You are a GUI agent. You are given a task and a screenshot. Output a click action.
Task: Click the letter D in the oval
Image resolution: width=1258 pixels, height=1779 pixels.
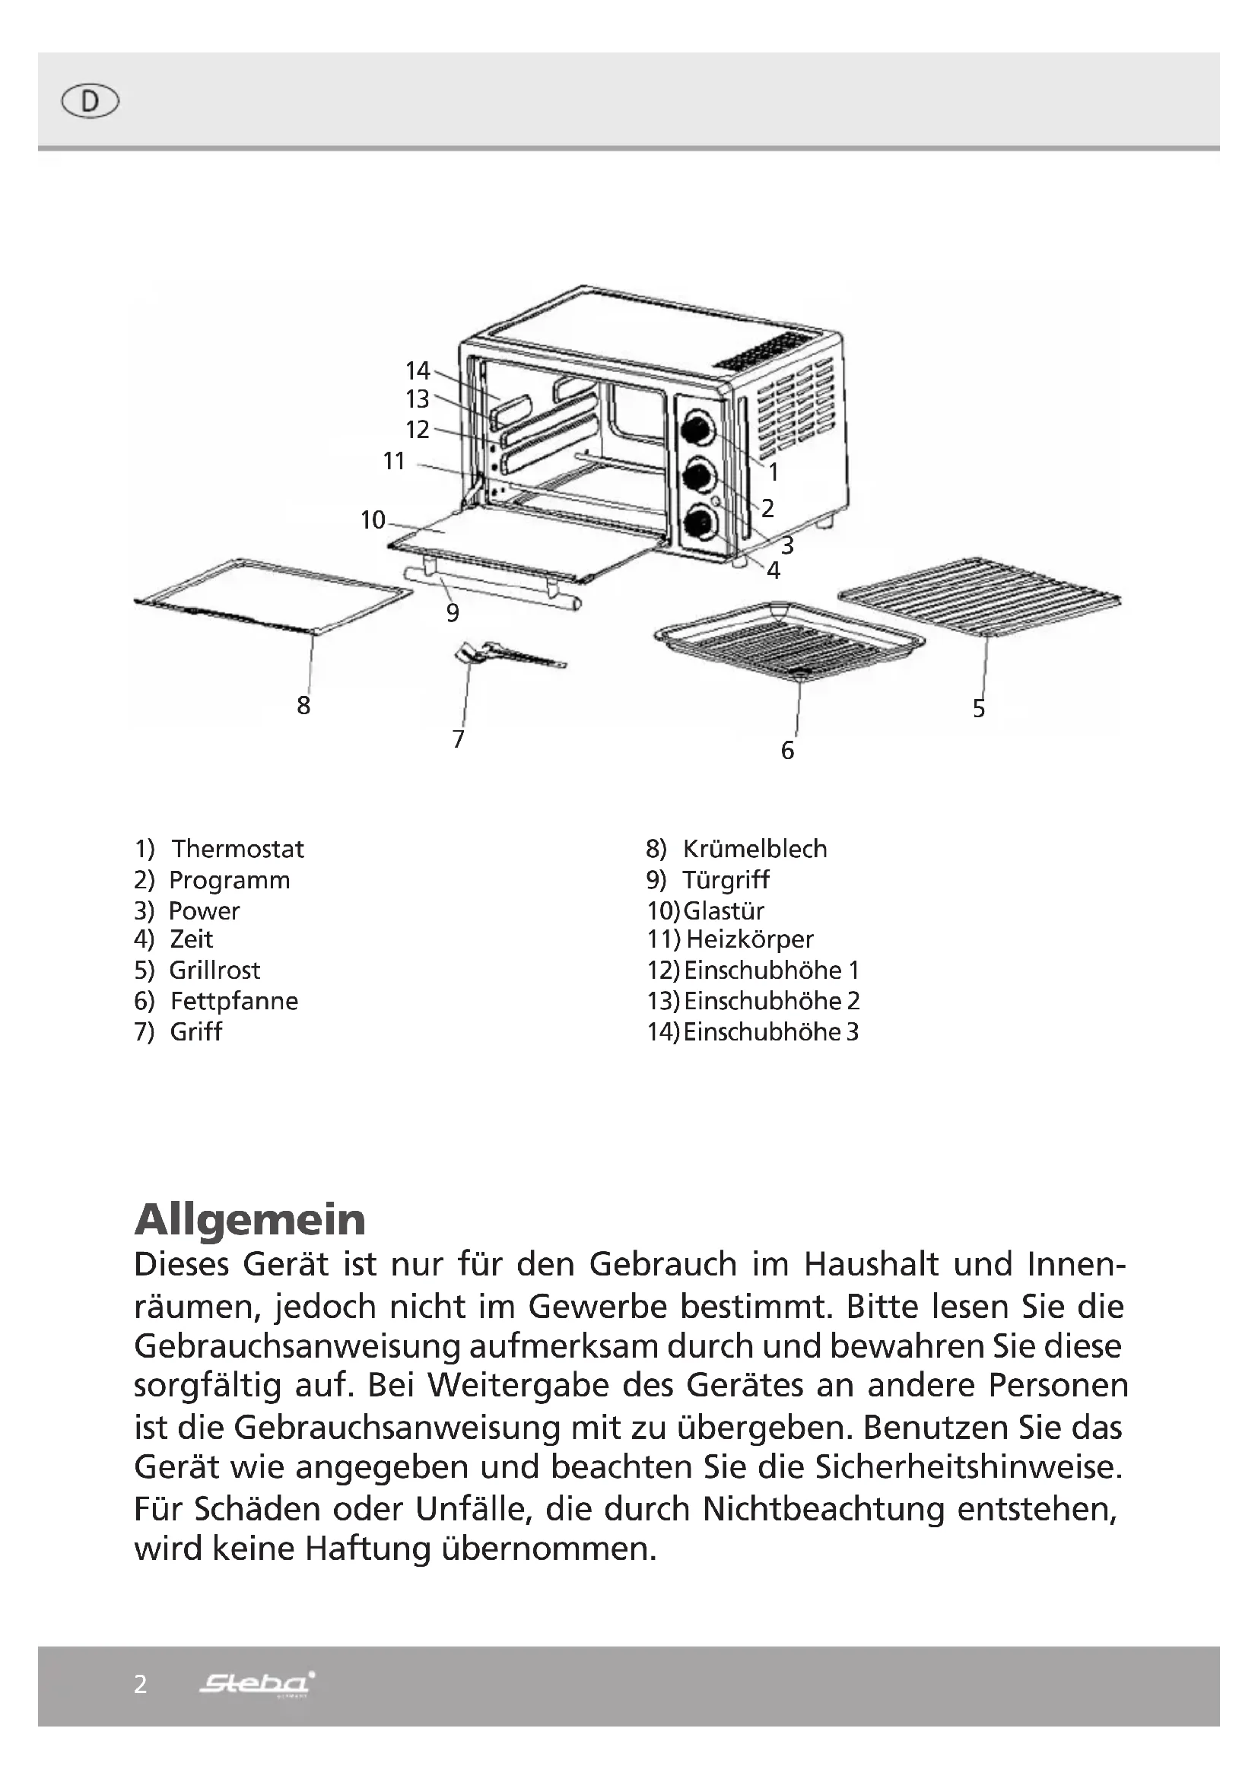tap(90, 101)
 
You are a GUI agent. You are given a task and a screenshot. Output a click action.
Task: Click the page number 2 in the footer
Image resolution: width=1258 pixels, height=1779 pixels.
tap(140, 1685)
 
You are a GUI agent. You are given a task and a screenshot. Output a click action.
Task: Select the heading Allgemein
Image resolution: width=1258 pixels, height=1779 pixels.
tap(249, 1220)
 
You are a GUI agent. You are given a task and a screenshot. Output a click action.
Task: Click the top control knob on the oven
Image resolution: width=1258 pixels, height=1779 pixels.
tap(697, 427)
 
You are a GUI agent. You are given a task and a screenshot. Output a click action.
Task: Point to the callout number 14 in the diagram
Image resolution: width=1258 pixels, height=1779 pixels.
tap(418, 370)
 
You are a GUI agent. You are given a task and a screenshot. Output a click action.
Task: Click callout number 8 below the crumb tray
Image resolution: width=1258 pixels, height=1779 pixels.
tap(303, 705)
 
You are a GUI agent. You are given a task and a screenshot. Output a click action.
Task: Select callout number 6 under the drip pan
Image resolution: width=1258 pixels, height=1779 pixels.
tap(787, 750)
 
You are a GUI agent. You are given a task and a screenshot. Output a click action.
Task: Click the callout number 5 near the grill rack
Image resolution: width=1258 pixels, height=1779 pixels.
tap(979, 708)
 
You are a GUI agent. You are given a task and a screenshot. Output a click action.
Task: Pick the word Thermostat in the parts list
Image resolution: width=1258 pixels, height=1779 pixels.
tap(238, 850)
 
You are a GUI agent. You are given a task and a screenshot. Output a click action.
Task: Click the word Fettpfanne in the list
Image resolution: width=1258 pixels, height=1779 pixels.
tap(234, 1001)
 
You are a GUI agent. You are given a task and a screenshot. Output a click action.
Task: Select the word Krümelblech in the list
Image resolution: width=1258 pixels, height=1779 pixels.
tap(754, 850)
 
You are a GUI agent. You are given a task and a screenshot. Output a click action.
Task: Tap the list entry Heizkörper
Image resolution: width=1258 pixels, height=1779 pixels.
tap(749, 939)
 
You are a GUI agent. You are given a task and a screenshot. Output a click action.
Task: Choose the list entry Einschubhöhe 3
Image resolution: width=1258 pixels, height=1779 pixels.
tap(770, 1032)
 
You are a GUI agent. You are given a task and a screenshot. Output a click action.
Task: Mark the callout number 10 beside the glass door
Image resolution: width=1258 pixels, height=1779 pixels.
tap(373, 520)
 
